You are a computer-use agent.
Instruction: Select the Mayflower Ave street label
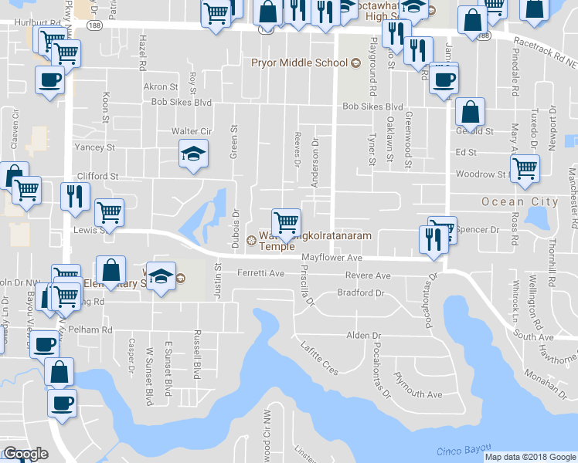click(x=331, y=257)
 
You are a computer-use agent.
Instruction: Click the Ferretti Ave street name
click(x=261, y=273)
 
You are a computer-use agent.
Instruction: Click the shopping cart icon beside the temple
click(x=286, y=222)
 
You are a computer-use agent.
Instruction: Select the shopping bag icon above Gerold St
click(x=470, y=112)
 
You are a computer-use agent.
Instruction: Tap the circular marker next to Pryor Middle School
click(x=356, y=63)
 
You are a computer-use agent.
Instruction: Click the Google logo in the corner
click(x=26, y=455)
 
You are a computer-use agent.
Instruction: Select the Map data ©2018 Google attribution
click(x=530, y=457)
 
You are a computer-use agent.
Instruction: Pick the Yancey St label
click(x=94, y=147)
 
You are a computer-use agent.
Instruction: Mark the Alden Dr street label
click(x=363, y=336)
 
